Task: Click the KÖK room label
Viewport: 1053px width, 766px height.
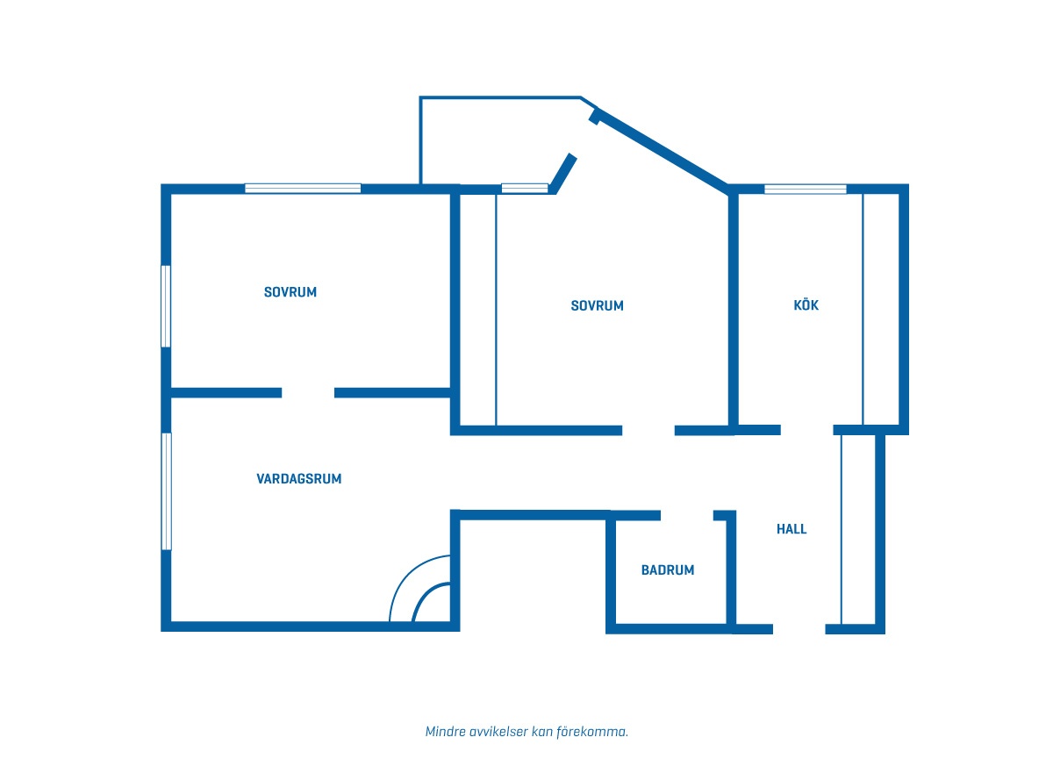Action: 806,305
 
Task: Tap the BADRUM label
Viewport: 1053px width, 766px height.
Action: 668,570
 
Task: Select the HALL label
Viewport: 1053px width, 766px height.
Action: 792,529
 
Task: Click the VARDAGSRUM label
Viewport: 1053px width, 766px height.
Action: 299,479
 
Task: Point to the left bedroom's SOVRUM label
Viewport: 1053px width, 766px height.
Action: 290,292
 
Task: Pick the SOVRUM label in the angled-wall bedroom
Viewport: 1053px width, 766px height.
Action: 597,306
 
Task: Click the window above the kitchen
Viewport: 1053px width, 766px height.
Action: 806,189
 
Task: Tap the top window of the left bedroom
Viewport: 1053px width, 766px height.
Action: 303,189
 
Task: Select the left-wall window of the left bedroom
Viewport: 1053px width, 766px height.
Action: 166,306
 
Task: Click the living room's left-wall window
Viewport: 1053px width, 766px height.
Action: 167,491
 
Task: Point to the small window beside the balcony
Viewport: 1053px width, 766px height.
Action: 525,189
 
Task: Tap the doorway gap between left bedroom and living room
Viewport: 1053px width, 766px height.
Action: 308,393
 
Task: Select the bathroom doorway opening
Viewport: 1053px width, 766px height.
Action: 687,516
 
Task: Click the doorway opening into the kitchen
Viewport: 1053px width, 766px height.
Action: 806,430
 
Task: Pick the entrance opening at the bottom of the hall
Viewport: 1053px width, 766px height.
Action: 799,629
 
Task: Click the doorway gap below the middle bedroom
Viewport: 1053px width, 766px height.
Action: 648,431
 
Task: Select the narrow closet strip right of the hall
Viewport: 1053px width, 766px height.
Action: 858,530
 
